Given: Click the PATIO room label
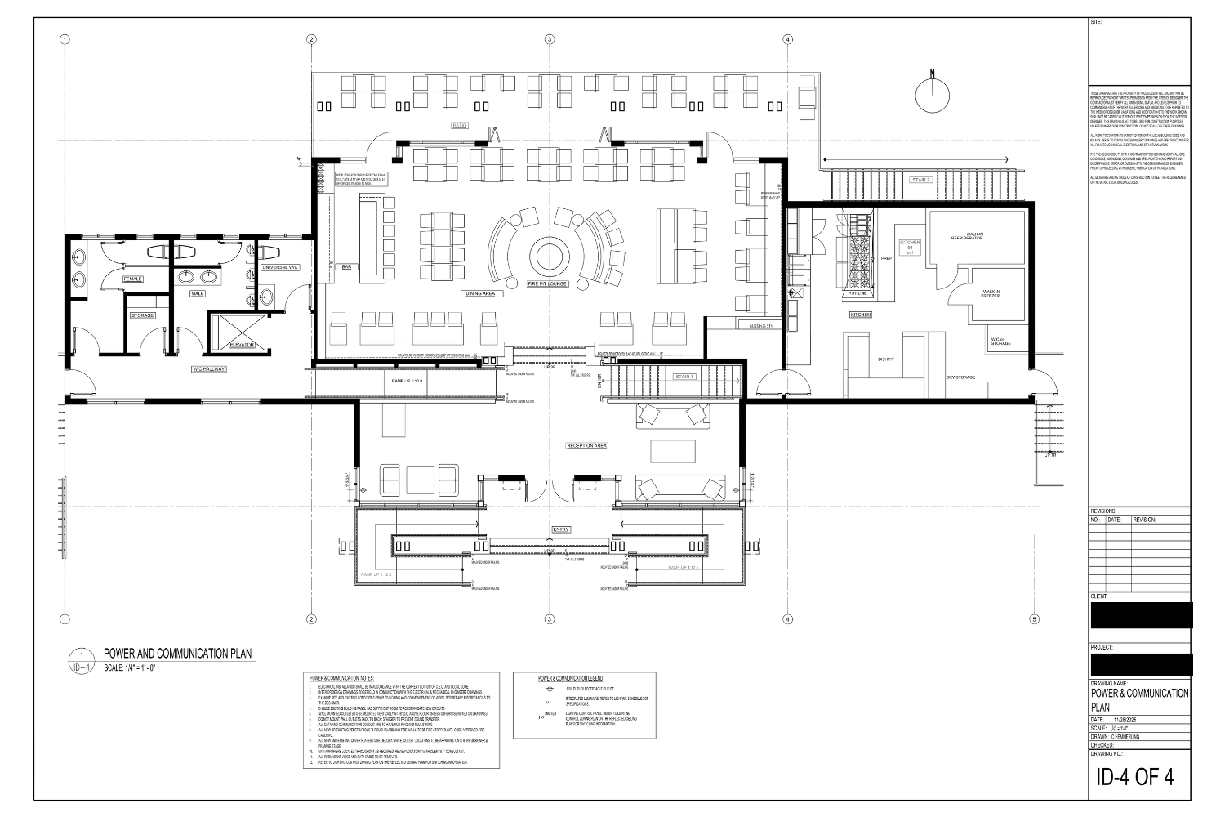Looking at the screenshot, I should (x=459, y=125).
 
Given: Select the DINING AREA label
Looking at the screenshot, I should (x=480, y=293).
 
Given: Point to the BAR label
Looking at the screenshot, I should (x=346, y=266).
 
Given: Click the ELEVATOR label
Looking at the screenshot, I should (x=243, y=345).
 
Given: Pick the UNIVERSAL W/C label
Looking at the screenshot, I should (x=280, y=267).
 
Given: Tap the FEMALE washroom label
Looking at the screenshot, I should (x=132, y=279).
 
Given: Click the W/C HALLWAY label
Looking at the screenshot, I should (x=207, y=369).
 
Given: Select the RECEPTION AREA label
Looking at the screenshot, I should (x=586, y=446).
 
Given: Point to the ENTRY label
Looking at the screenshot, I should (x=561, y=529).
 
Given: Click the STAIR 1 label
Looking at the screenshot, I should (x=684, y=377).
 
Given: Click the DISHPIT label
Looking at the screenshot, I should (x=886, y=359).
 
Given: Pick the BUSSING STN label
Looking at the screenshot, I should (x=760, y=325).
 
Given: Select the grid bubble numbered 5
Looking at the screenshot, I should (x=1034, y=618).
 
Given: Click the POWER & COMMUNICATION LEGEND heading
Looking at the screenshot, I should (x=570, y=679).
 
